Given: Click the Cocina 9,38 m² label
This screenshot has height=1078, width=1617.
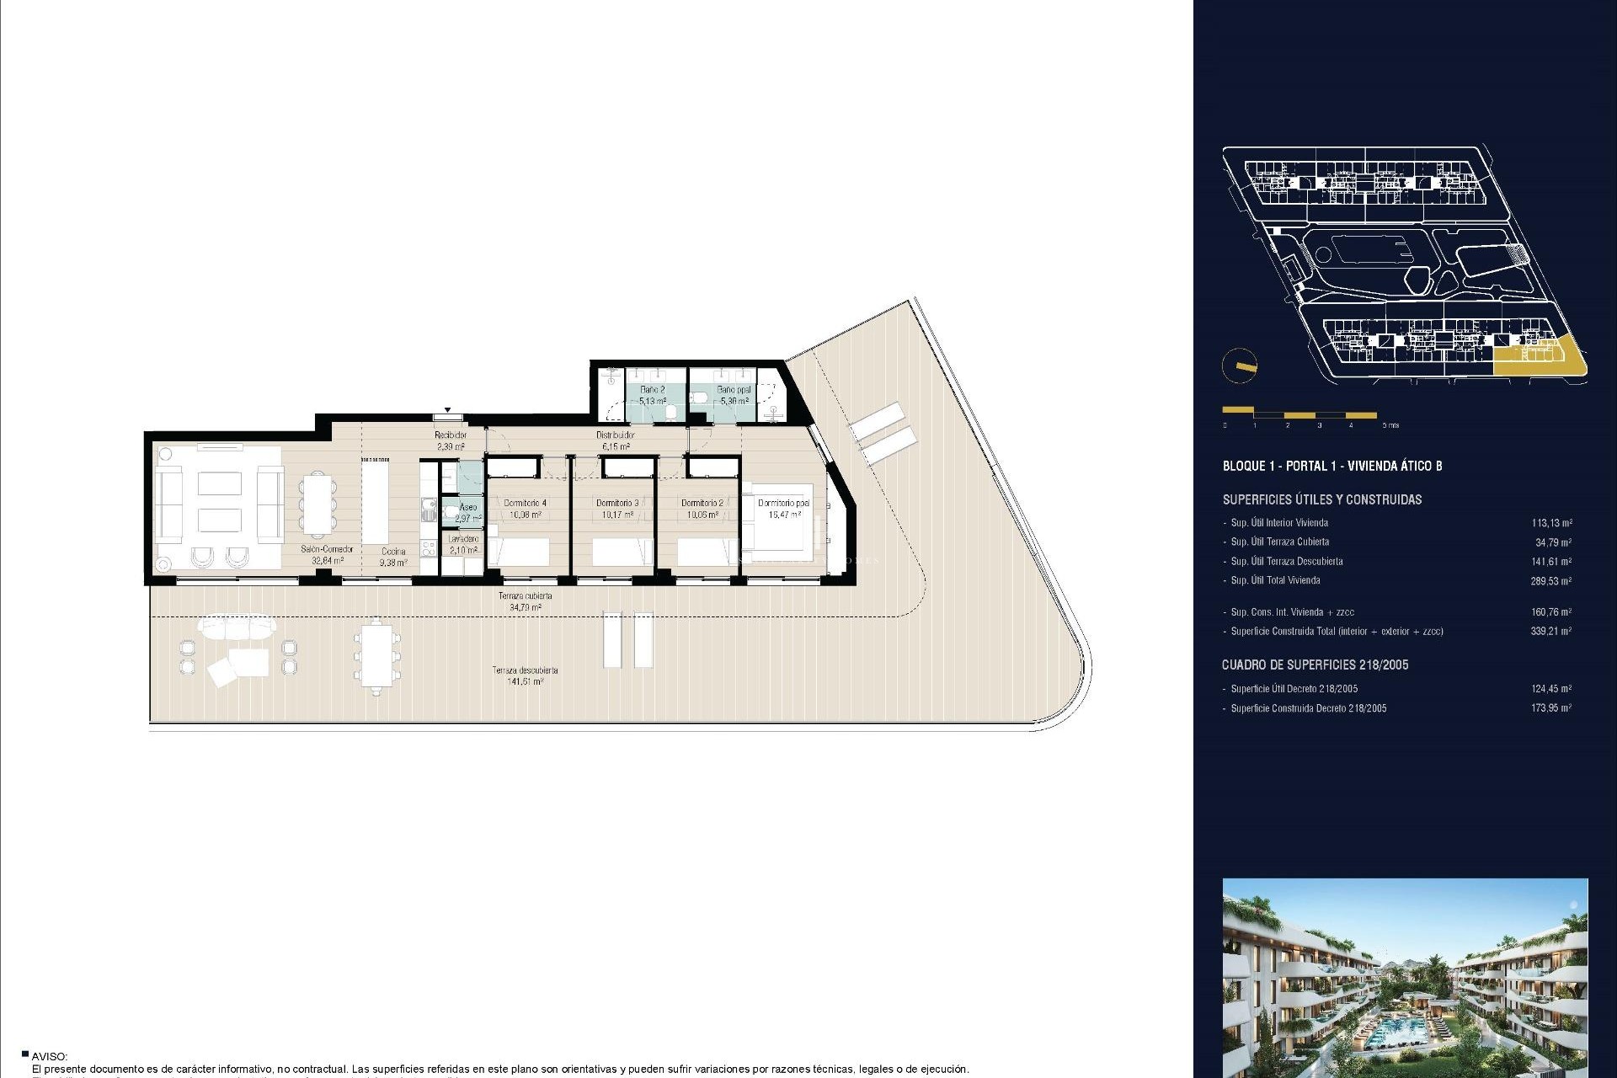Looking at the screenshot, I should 393,557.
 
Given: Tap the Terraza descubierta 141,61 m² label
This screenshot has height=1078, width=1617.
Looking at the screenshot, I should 525,675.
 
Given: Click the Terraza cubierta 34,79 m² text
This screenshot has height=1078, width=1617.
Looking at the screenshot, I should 525,600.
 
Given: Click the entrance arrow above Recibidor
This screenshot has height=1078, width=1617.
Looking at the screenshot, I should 447,411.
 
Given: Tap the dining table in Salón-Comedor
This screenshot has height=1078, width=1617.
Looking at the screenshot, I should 318,504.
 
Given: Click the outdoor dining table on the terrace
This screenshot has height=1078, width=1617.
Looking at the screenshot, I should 376,657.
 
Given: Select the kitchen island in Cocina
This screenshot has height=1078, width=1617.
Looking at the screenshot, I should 376,504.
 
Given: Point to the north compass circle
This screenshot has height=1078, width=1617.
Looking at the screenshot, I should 1239,366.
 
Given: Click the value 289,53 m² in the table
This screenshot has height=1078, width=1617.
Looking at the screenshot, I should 1550,581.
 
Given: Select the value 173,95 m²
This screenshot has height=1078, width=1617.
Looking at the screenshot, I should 1550,708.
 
